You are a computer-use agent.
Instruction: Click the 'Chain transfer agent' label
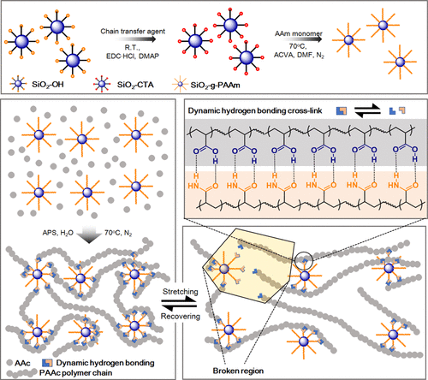(x=133, y=32)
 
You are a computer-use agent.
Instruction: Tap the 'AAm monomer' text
(x=299, y=33)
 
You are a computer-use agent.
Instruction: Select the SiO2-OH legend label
(x=48, y=85)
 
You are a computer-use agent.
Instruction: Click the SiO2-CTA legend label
(x=135, y=85)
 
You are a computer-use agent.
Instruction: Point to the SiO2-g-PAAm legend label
(x=215, y=85)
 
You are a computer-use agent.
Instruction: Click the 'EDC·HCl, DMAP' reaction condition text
(x=133, y=56)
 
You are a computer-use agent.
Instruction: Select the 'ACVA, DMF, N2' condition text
(x=299, y=55)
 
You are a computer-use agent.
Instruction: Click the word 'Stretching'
(x=181, y=292)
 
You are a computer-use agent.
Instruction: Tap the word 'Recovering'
(x=181, y=316)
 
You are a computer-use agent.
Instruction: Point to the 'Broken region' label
(x=238, y=371)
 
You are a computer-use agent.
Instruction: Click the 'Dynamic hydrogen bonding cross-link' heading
(x=255, y=110)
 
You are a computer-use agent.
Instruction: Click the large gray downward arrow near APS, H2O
(x=89, y=235)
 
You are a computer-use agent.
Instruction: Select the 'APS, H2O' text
(x=58, y=233)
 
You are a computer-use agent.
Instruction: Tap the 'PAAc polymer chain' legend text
(x=75, y=373)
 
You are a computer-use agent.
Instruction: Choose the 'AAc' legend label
(x=22, y=363)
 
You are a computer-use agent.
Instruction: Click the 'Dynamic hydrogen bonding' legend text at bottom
(x=105, y=363)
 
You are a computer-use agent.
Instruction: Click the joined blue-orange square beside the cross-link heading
(x=342, y=110)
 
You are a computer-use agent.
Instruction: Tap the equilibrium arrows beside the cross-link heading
(x=368, y=110)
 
